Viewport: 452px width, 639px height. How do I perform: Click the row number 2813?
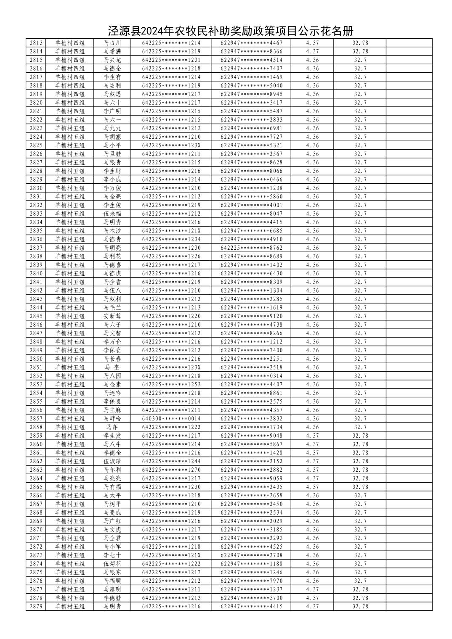click(x=36, y=43)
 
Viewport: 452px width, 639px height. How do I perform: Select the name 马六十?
click(x=112, y=103)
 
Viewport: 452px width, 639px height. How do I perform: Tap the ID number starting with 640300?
click(x=171, y=419)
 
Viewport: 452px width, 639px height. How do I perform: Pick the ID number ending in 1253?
click(x=171, y=385)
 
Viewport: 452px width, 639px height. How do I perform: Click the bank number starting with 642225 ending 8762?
click(x=252, y=248)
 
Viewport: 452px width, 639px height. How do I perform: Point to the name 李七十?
click(x=112, y=555)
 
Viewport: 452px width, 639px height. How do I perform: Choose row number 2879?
click(x=36, y=607)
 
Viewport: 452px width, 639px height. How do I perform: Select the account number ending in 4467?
click(x=252, y=43)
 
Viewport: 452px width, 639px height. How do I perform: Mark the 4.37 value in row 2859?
click(x=312, y=436)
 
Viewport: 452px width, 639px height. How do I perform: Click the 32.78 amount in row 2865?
click(x=360, y=487)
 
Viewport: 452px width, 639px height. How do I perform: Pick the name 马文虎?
click(x=112, y=530)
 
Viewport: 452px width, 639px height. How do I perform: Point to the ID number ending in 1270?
click(x=171, y=470)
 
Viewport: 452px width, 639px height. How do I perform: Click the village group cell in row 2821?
click(x=70, y=111)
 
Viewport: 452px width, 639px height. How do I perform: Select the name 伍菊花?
click(x=112, y=564)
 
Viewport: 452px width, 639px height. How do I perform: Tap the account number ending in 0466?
click(x=252, y=180)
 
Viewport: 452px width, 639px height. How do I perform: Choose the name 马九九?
click(x=112, y=128)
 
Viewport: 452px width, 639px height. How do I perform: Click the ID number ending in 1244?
click(x=171, y=462)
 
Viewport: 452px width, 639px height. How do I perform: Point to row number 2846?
click(x=36, y=325)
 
